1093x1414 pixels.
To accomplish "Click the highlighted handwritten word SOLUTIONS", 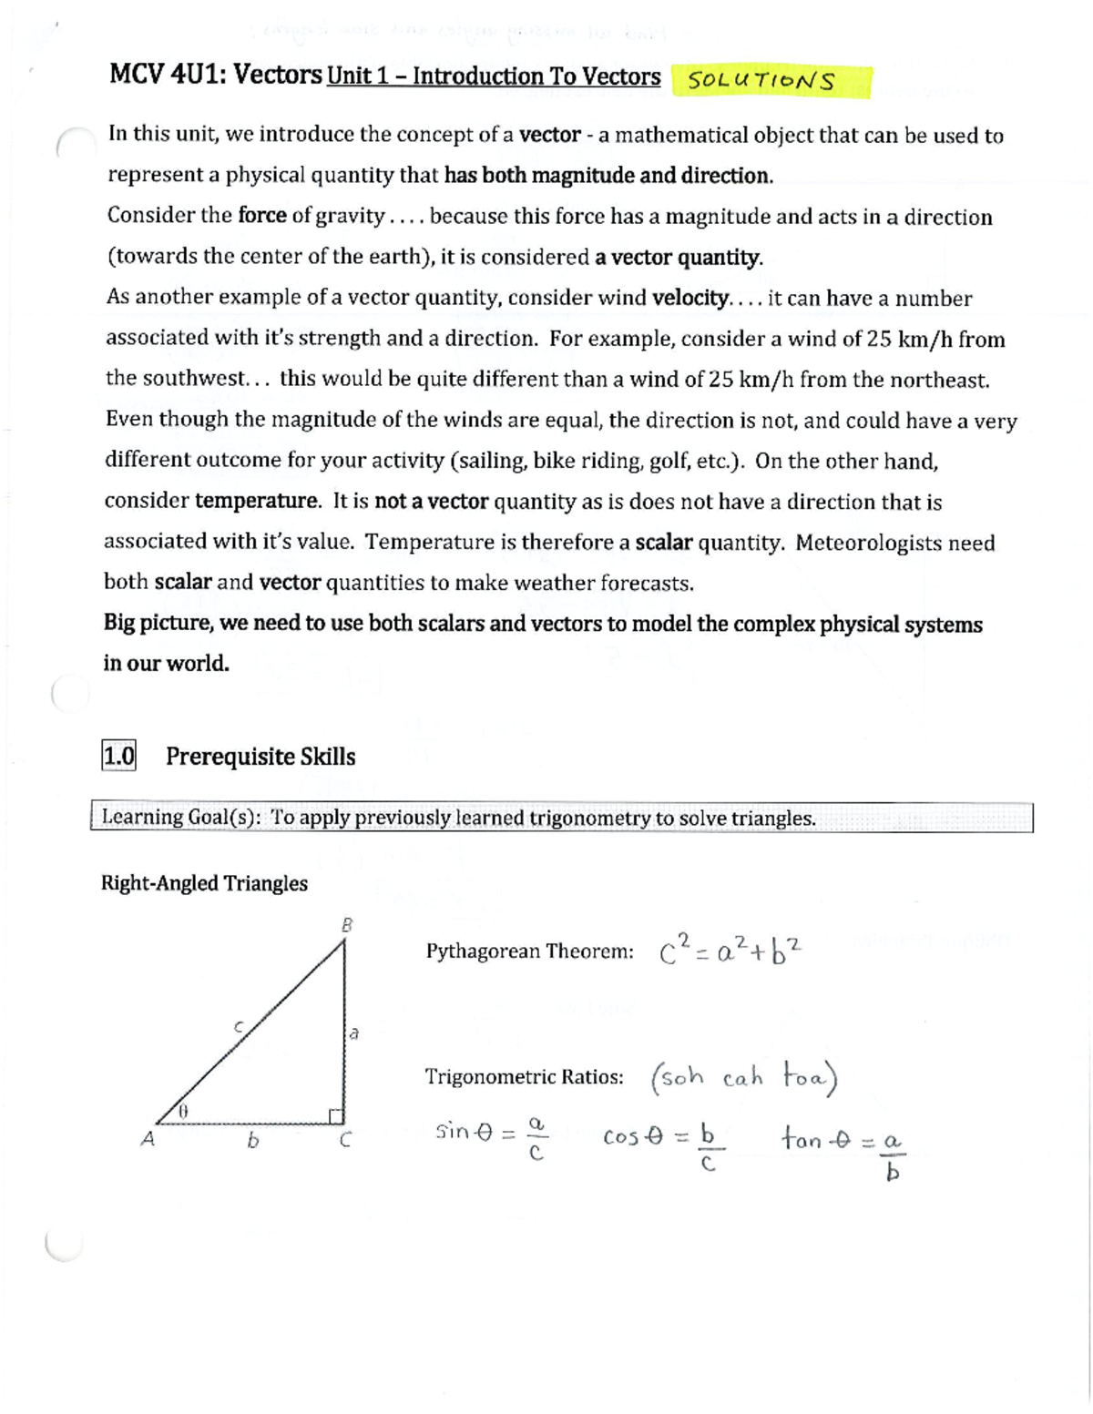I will (x=761, y=81).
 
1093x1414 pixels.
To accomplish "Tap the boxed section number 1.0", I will (x=118, y=756).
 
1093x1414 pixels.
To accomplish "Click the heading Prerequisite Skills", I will (x=260, y=757).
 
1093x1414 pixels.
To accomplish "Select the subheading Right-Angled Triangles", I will (x=204, y=883).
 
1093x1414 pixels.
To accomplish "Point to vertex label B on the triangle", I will (x=346, y=925).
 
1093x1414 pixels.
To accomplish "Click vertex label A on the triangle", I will (x=148, y=1139).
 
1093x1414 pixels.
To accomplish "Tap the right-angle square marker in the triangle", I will (x=336, y=1115).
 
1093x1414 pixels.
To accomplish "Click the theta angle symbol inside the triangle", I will (x=182, y=1112).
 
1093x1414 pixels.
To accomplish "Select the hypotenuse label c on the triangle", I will (x=239, y=1026).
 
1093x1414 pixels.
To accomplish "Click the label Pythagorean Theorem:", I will (x=529, y=951).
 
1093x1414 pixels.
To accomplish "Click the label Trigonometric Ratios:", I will (x=524, y=1077).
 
